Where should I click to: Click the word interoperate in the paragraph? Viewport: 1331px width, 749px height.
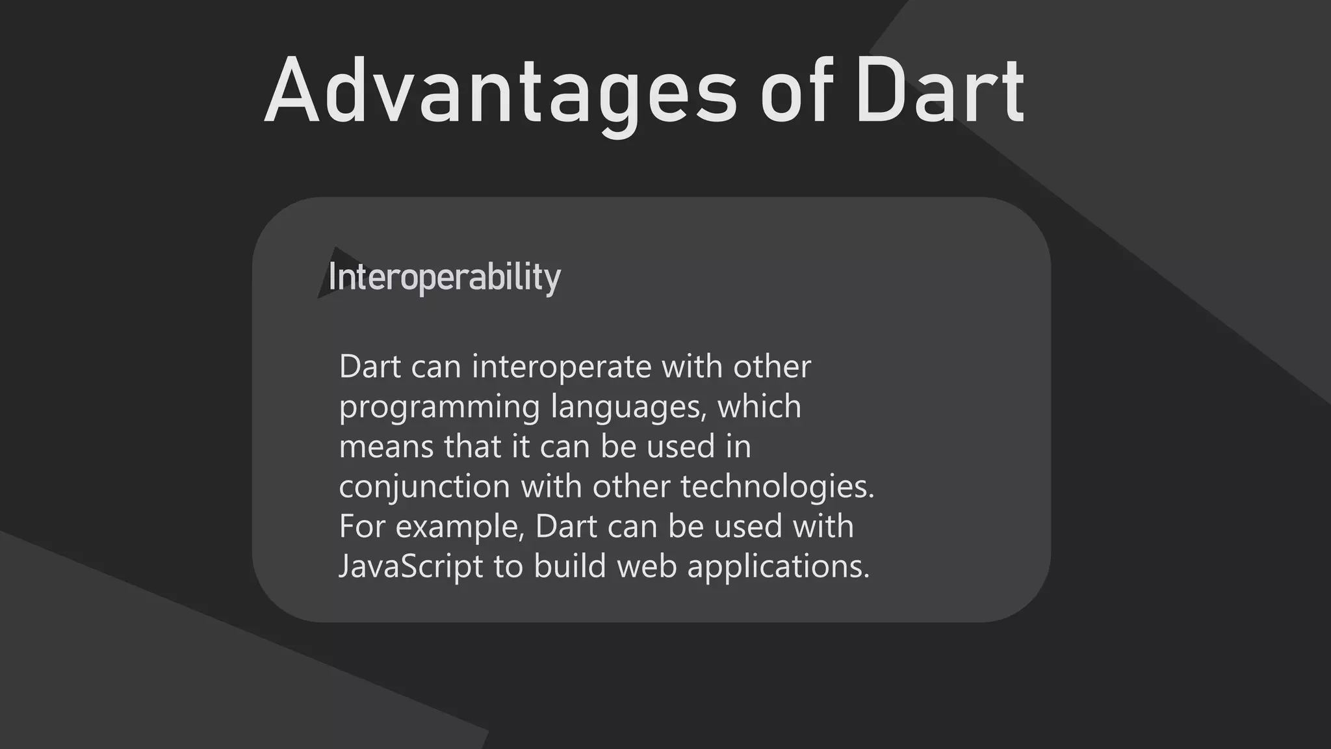(562, 367)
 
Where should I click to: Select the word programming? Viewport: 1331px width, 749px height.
(439, 408)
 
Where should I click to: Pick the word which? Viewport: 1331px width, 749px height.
(759, 406)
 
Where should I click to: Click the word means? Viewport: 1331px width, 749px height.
(386, 447)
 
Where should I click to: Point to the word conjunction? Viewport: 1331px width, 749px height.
(424, 488)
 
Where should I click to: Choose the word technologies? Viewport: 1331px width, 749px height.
(777, 488)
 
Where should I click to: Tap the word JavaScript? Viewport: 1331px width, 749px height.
(411, 567)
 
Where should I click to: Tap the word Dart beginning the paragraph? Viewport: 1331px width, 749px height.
(370, 367)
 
